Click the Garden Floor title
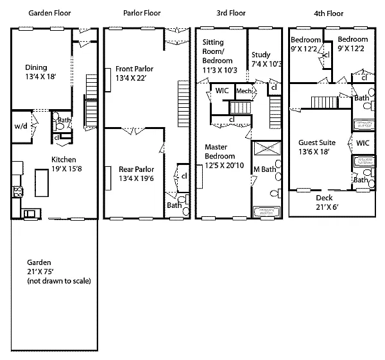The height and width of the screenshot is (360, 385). point(49,13)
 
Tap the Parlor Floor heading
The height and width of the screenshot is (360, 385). point(142,13)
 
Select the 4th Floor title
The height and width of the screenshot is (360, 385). point(329,13)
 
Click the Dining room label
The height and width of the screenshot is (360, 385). point(36,67)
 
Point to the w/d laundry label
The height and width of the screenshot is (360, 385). point(21,126)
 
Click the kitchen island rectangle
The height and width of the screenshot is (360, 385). point(42,183)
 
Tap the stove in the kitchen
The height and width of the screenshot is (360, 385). point(17,192)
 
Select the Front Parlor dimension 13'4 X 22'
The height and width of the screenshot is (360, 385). point(131,78)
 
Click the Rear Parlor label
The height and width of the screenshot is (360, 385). point(136,169)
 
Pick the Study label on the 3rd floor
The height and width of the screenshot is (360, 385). point(261,55)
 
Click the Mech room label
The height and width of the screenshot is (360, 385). point(244,91)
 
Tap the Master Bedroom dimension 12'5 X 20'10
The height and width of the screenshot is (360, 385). point(225,166)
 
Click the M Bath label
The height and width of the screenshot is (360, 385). point(264,169)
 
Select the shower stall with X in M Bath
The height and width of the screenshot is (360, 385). point(267,148)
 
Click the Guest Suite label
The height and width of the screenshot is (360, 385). point(317,142)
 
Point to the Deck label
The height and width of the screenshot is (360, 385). point(324,198)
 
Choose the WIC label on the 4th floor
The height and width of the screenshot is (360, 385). point(363,143)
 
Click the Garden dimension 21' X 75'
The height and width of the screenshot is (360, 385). point(40,272)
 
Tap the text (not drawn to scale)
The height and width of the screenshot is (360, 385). point(59,281)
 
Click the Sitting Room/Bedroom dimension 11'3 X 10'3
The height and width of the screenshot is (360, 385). point(219,71)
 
